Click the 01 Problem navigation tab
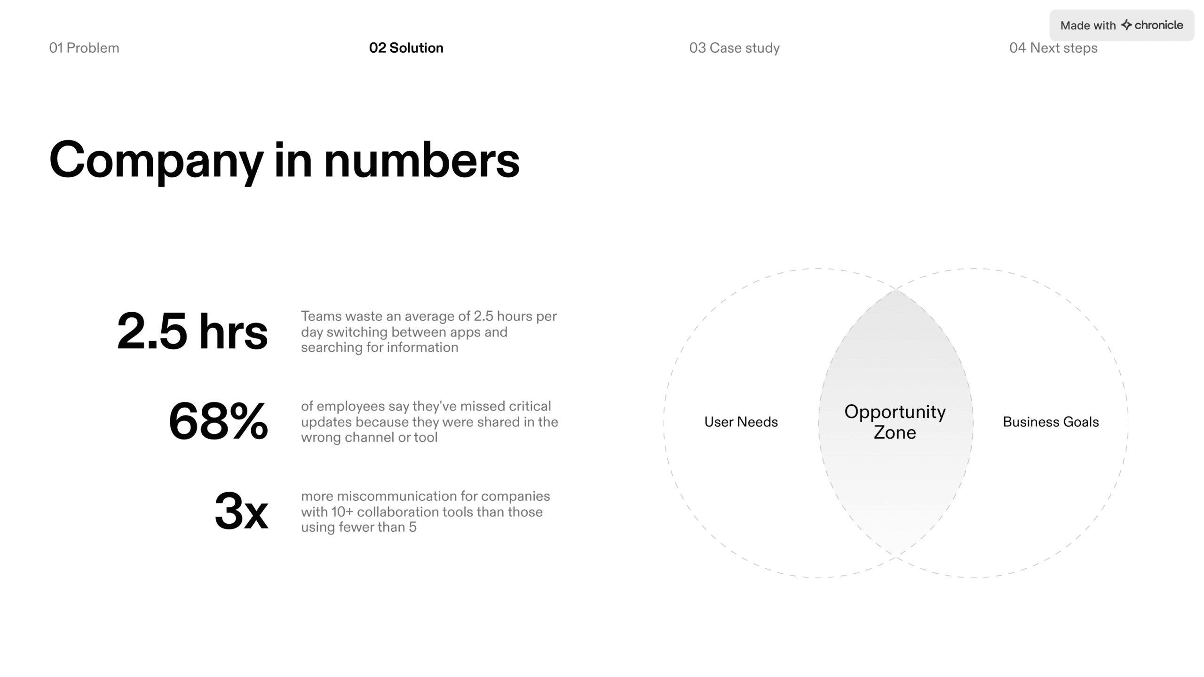(x=84, y=48)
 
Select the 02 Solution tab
(x=406, y=48)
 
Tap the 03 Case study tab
(x=734, y=48)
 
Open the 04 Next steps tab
(x=1053, y=48)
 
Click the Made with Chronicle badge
(x=1121, y=25)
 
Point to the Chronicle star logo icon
(x=1126, y=25)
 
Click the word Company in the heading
(x=156, y=161)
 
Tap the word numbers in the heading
(x=421, y=161)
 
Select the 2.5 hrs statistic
(x=192, y=331)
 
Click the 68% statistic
(x=218, y=422)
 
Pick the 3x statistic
(x=241, y=512)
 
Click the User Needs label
(x=741, y=422)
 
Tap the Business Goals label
(x=1051, y=422)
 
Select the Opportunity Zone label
(x=895, y=422)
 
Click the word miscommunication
(x=396, y=496)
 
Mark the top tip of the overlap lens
(x=896, y=290)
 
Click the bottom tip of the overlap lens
(x=896, y=557)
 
